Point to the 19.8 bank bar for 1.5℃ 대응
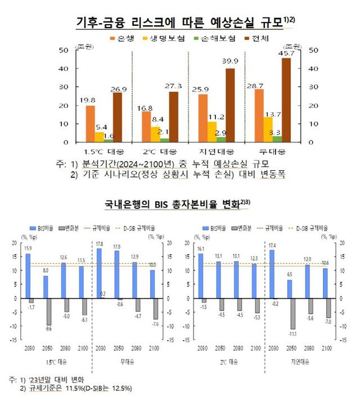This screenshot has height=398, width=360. point(90,124)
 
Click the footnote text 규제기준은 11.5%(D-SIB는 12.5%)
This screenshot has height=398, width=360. point(83,388)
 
